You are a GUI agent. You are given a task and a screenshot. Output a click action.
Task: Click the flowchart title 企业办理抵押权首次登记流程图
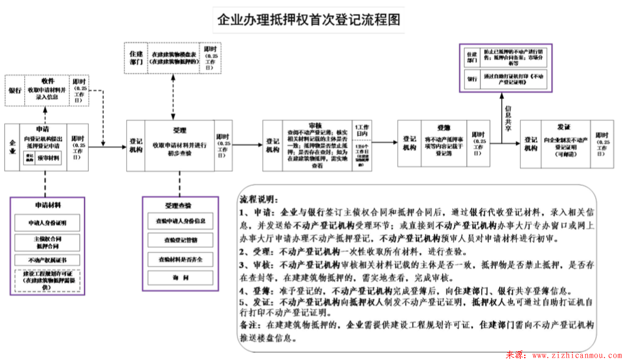[309, 19]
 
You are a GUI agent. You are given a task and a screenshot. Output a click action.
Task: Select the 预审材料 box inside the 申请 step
[49, 158]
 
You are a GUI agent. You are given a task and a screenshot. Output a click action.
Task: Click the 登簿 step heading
[444, 127]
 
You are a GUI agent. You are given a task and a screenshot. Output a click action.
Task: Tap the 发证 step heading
[563, 127]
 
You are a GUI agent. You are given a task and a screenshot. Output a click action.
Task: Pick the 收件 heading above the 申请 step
[48, 81]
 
